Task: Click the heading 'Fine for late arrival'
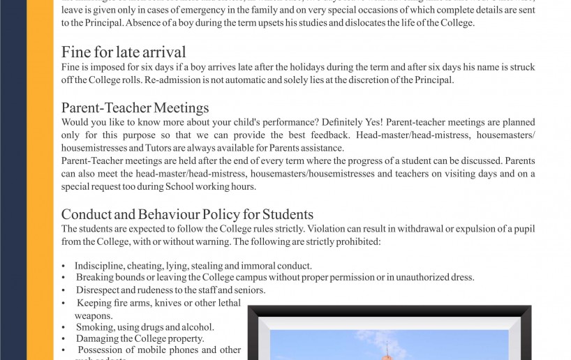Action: [x=124, y=52]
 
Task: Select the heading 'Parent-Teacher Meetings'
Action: [x=135, y=107]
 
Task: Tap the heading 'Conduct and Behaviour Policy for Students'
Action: [x=187, y=214]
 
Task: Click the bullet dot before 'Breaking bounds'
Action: [x=64, y=278]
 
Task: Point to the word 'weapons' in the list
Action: [x=93, y=315]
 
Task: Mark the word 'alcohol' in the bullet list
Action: [x=198, y=327]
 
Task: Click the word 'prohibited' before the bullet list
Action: [x=356, y=242]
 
